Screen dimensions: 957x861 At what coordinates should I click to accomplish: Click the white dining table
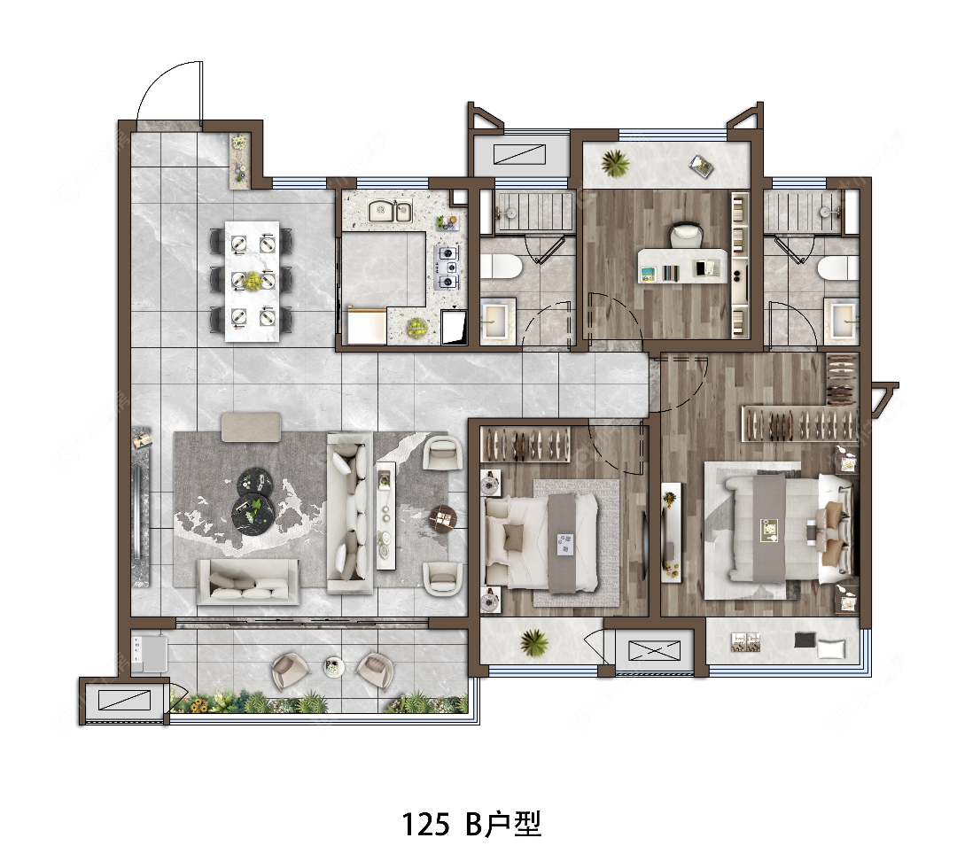(252, 282)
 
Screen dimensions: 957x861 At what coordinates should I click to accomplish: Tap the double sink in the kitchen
(390, 212)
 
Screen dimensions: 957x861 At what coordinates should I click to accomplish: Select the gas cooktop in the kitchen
(447, 267)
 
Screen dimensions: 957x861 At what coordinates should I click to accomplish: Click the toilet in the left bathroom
(501, 267)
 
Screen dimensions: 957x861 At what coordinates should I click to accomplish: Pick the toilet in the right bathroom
(838, 268)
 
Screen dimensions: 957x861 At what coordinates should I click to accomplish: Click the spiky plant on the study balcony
(615, 163)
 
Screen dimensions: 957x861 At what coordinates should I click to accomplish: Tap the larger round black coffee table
(253, 513)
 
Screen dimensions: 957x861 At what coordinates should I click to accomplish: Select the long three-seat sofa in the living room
(350, 513)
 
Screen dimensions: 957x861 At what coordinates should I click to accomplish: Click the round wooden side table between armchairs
(444, 519)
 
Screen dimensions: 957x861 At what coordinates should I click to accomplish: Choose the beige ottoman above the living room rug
(251, 427)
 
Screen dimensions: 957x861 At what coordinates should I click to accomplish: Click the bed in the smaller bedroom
(541, 542)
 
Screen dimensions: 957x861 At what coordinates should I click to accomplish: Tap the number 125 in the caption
(425, 824)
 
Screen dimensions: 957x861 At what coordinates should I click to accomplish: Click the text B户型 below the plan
(503, 824)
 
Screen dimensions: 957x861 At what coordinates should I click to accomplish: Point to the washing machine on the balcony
(150, 653)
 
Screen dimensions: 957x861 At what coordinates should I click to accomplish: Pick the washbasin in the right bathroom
(843, 318)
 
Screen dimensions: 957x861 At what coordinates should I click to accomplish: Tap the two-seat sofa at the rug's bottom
(248, 581)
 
